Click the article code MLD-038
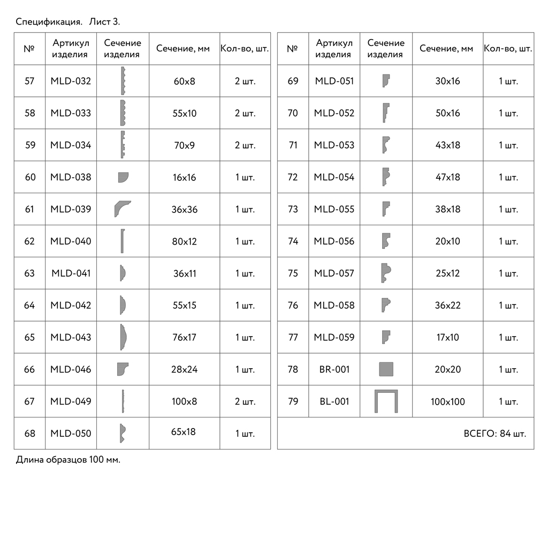coord(71,177)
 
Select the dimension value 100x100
coord(447,401)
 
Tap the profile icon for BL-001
coord(386,401)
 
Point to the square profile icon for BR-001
coord(386,369)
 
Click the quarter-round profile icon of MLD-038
coord(123,177)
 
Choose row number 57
coord(29,81)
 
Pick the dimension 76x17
coord(185,337)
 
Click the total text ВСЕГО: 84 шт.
coord(494,433)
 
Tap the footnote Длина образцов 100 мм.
coord(68,460)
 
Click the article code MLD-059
coord(334,337)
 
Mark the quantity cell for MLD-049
coord(245,401)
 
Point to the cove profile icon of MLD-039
coord(122,209)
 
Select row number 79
coord(293,401)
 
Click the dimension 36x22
coord(447,305)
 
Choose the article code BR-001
coord(334,369)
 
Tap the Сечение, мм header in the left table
coord(183,48)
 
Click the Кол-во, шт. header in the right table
coord(508,48)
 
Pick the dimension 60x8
coord(185,81)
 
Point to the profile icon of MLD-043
coord(123,337)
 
